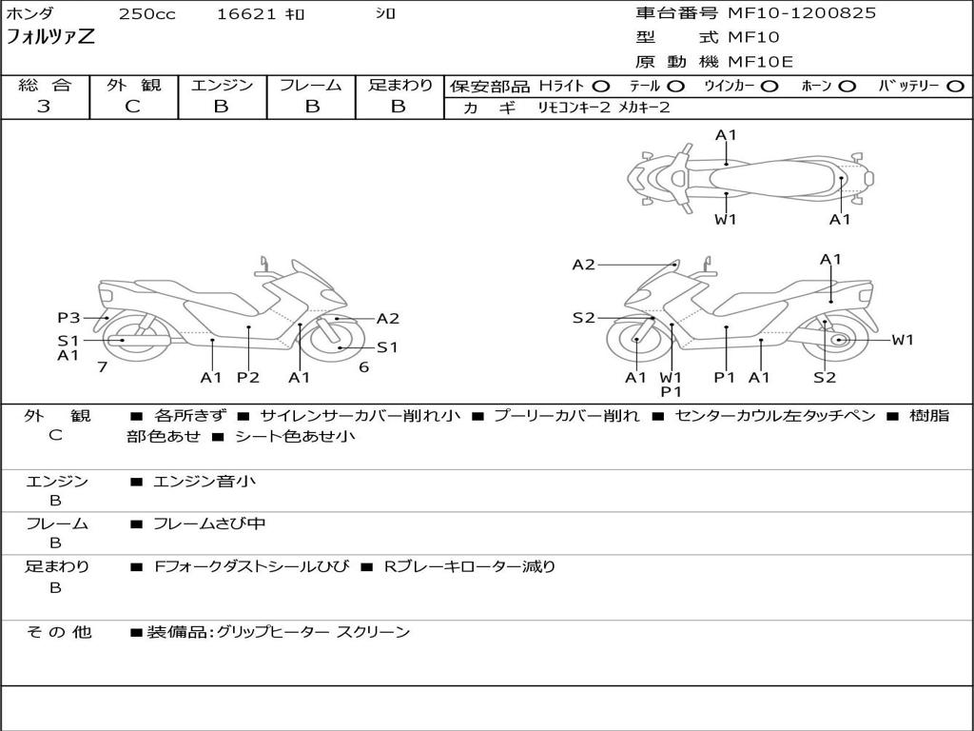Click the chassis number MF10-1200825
(x=802, y=13)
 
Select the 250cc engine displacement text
(x=146, y=14)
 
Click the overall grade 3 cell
(x=44, y=107)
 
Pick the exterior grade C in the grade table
(x=133, y=107)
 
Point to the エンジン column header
(x=222, y=86)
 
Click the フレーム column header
(x=311, y=86)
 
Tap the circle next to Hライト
(x=600, y=87)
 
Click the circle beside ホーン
(x=847, y=87)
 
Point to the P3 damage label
(x=68, y=318)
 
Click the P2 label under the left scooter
(x=247, y=378)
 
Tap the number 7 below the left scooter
(x=102, y=366)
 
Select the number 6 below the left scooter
(x=363, y=366)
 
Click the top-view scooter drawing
(x=750, y=177)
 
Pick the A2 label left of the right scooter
(x=584, y=265)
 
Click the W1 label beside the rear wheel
(x=902, y=340)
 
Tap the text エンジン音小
(x=205, y=482)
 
